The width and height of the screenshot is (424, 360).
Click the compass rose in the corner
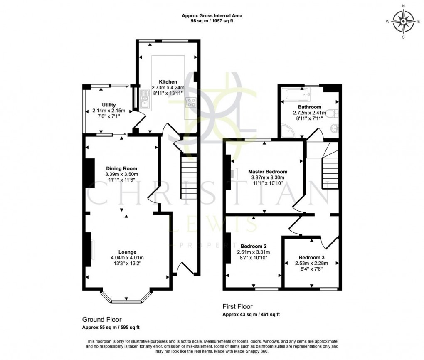tap(403, 21)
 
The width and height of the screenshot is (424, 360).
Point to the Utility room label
tap(108, 105)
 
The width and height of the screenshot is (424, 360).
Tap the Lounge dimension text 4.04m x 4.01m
tap(127, 258)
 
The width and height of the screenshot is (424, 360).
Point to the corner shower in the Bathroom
tap(288, 131)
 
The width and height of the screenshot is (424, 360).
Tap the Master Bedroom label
tap(267, 172)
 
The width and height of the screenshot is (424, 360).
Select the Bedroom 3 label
tap(311, 257)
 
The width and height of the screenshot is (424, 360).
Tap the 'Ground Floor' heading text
tap(101, 320)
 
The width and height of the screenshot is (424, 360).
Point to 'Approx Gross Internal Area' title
tap(212, 16)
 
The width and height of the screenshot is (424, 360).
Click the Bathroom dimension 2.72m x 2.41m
tap(310, 113)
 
